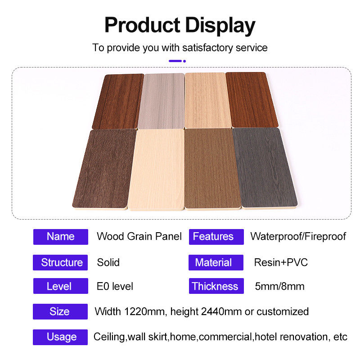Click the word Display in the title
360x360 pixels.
tap(220, 26)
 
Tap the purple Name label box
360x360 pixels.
tap(61, 237)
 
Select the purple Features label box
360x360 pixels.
tap(216, 237)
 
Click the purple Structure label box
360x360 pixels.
tap(60, 262)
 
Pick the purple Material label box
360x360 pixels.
tap(216, 262)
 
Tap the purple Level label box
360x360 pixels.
tap(61, 286)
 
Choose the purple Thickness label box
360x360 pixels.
tap(216, 286)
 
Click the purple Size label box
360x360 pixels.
tap(60, 311)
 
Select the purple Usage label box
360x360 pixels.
tap(60, 337)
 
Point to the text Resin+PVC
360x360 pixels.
tap(281, 262)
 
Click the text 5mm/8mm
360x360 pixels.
tap(279, 286)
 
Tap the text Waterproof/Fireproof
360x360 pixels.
tap(298, 237)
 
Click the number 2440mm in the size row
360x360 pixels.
tap(221, 312)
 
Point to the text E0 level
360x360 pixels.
tap(115, 286)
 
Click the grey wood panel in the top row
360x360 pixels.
tap(162, 101)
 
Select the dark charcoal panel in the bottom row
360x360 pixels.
tap(265, 168)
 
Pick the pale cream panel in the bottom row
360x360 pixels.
tap(157, 170)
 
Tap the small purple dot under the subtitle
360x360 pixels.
tap(184, 61)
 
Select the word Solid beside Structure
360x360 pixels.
tap(108, 262)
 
